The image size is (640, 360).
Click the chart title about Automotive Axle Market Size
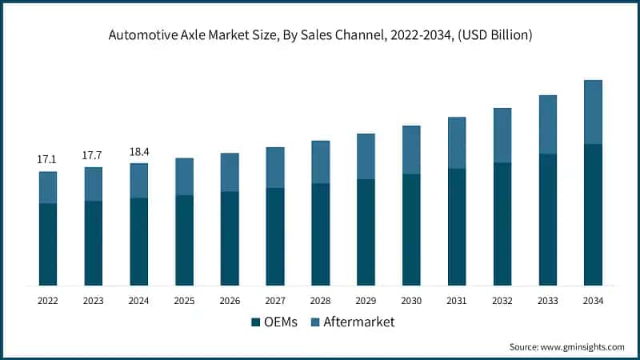[320, 36]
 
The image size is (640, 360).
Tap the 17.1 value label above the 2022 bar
[47, 160]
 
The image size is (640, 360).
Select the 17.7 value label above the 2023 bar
[93, 155]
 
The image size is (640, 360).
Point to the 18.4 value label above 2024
[138, 151]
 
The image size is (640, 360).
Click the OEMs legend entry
[274, 322]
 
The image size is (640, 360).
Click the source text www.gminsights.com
[566, 346]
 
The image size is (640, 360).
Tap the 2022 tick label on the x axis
[47, 300]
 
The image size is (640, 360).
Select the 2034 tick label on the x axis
[593, 300]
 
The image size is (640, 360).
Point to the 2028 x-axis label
[320, 300]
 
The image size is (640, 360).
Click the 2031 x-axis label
[457, 300]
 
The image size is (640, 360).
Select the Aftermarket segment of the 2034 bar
[593, 112]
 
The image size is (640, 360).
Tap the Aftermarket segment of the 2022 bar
[47, 187]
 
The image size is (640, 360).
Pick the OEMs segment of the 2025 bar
[184, 240]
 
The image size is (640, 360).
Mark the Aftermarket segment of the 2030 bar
[411, 150]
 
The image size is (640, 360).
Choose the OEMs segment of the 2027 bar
[274, 237]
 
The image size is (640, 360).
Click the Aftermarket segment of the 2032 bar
[502, 135]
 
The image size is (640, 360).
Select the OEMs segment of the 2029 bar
[366, 232]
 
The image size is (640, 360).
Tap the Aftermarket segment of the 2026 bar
[230, 172]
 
